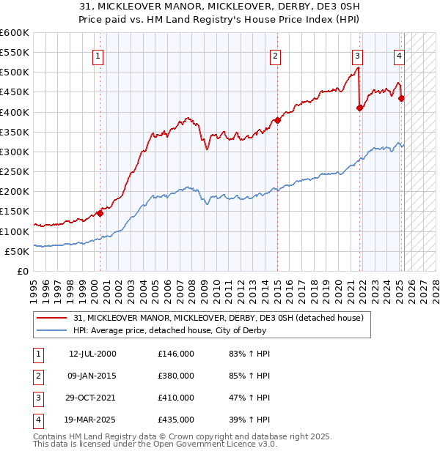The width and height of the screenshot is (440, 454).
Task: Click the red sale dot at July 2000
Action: pos(100,214)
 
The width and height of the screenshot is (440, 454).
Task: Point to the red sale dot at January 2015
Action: pos(278,121)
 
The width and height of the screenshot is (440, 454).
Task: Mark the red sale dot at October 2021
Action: pos(360,108)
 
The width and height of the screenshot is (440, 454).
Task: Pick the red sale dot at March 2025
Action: pos(401,99)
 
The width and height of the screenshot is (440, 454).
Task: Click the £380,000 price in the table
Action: pos(176,376)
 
